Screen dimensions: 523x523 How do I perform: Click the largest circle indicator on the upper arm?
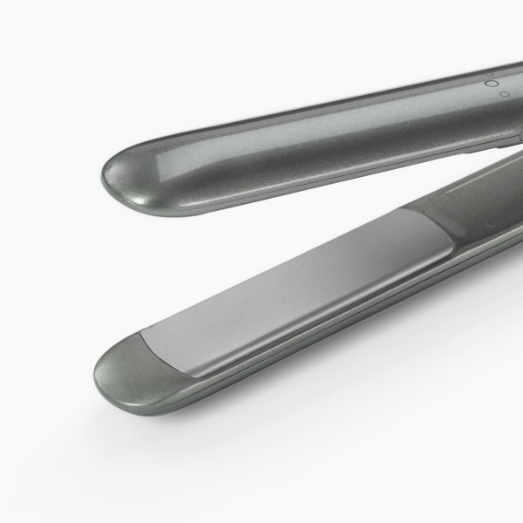(492, 84)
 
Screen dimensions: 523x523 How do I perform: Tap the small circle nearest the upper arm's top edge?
(490, 74)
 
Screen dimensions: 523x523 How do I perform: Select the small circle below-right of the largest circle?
(505, 93)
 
